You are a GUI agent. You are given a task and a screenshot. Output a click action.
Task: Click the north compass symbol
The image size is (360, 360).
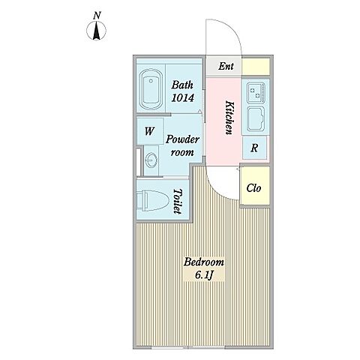[96, 31]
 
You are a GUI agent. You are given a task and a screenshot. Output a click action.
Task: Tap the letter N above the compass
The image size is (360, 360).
[97, 16]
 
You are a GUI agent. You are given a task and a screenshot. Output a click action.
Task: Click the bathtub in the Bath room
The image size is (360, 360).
[151, 89]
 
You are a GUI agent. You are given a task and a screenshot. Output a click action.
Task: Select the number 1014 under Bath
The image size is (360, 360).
[182, 97]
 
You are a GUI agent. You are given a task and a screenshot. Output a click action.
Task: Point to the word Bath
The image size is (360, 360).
[182, 85]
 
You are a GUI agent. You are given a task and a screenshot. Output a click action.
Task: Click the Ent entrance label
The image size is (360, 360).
[226, 66]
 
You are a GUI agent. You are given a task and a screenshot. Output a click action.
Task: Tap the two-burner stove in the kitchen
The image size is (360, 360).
[256, 93]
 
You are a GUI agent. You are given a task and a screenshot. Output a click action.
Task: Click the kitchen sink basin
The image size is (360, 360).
[256, 119]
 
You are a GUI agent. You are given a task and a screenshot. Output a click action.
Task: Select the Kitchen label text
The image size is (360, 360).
[229, 118]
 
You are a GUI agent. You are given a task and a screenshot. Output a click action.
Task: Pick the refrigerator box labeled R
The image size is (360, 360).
[254, 148]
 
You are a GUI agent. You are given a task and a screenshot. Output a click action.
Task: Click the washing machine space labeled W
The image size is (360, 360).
[150, 131]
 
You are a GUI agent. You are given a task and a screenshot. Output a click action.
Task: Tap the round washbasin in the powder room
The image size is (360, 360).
[151, 160]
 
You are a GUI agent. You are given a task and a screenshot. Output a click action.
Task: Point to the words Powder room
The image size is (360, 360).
[182, 145]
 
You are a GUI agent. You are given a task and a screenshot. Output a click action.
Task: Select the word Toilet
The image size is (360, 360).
[177, 201]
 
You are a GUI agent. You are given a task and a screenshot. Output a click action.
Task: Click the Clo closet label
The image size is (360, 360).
[253, 188]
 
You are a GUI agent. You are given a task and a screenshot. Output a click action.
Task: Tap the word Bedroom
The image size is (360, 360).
[204, 262]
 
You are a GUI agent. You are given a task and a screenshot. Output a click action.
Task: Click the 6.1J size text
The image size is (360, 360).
[204, 275]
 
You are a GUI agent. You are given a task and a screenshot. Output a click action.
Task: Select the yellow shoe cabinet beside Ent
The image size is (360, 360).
[256, 66]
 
